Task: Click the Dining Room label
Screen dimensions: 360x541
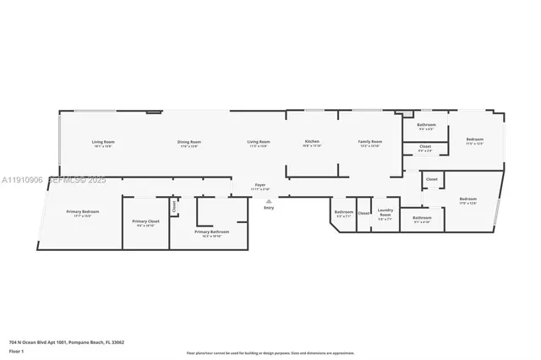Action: click(189, 142)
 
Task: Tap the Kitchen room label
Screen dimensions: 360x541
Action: click(312, 141)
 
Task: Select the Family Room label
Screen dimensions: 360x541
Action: click(369, 142)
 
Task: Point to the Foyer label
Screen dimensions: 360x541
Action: click(260, 185)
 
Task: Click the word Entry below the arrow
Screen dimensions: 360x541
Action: click(269, 207)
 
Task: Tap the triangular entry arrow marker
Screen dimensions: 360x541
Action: click(269, 201)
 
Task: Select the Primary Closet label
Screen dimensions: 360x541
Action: click(145, 221)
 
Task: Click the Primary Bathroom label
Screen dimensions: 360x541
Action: click(211, 232)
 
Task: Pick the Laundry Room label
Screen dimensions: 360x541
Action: click(385, 214)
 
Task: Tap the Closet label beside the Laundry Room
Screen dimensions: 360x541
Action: click(363, 213)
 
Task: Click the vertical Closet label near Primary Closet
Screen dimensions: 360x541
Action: click(174, 205)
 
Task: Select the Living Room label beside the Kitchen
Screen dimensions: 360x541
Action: click(258, 142)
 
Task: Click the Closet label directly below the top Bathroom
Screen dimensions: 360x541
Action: click(425, 146)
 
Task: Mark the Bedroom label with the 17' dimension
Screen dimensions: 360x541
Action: click(467, 199)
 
